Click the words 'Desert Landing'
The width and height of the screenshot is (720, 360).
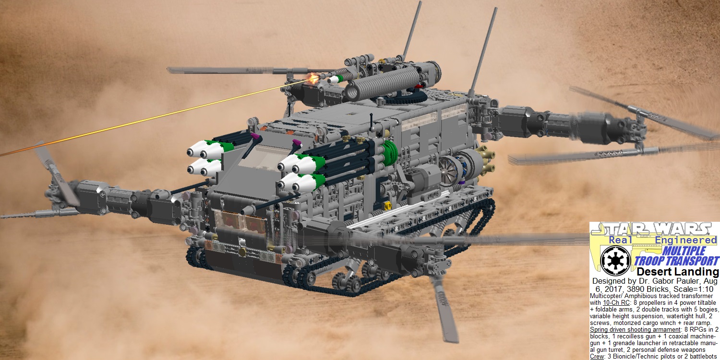[678, 272]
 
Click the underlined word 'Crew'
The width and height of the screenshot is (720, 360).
[598, 357]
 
